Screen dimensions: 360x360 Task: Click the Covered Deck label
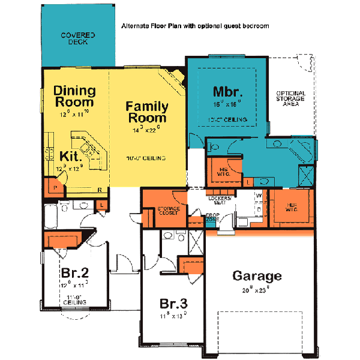click(x=77, y=39)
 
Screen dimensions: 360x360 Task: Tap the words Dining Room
click(x=74, y=97)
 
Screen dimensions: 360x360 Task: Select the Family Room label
click(x=147, y=112)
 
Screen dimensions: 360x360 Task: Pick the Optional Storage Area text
click(x=290, y=98)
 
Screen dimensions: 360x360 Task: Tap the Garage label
click(x=257, y=276)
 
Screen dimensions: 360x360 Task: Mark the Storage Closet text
click(x=169, y=211)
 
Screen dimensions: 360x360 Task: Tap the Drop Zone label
click(x=211, y=217)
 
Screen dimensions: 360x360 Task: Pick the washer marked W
click(x=259, y=196)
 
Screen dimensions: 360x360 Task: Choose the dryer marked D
click(x=259, y=210)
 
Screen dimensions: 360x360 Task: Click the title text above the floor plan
click(x=195, y=26)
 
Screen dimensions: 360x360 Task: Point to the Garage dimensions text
click(x=257, y=289)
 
